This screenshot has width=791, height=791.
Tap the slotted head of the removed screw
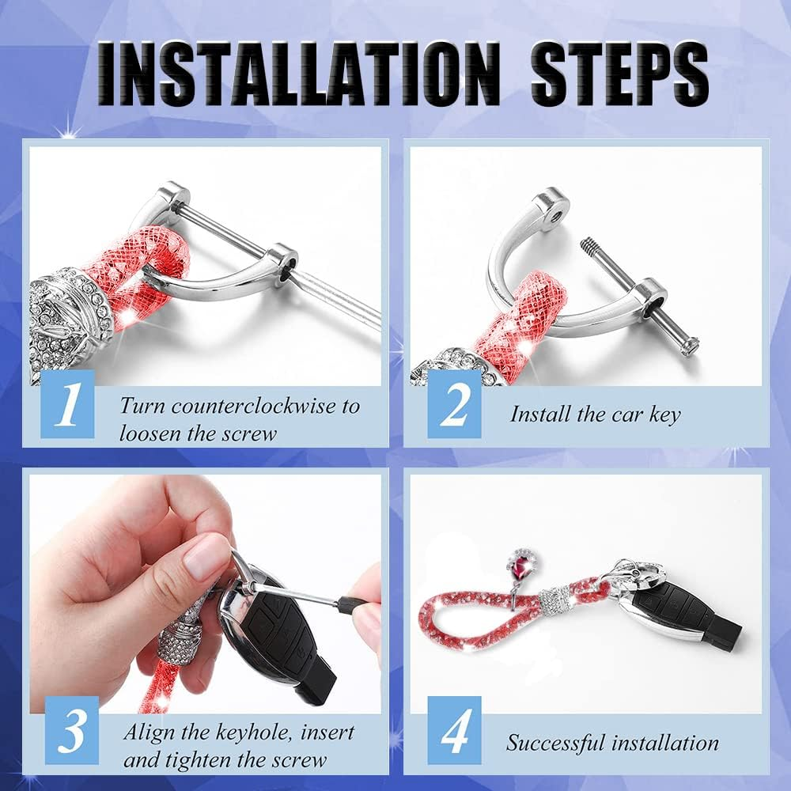click(690, 345)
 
